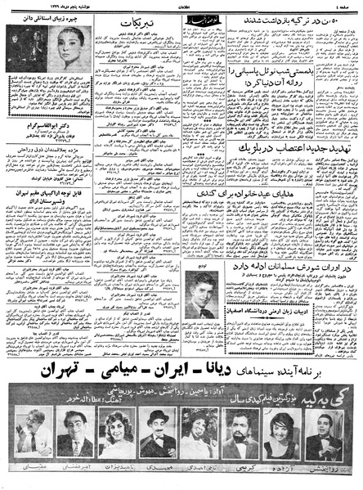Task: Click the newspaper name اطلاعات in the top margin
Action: point(182,6)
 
